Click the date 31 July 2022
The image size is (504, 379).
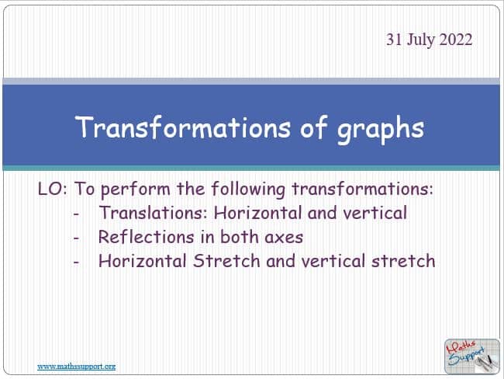[x=429, y=40]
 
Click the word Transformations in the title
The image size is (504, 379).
[x=183, y=127]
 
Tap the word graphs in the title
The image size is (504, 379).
[x=381, y=130]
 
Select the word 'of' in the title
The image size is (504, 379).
[x=313, y=127]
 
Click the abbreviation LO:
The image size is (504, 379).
[x=53, y=189]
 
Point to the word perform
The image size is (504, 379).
[x=136, y=189]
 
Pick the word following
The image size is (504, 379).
[x=248, y=189]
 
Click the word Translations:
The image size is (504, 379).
[x=153, y=213]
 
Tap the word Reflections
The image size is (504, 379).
[x=147, y=237]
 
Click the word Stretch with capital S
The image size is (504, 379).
[x=226, y=261]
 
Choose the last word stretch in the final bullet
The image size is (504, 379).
[x=403, y=261]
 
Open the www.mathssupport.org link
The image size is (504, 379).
[x=77, y=367]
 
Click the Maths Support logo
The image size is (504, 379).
[x=472, y=356]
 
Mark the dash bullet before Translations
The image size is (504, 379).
[x=76, y=214]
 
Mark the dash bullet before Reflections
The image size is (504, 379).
[x=76, y=238]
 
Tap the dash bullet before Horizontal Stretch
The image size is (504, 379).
[x=76, y=262]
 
